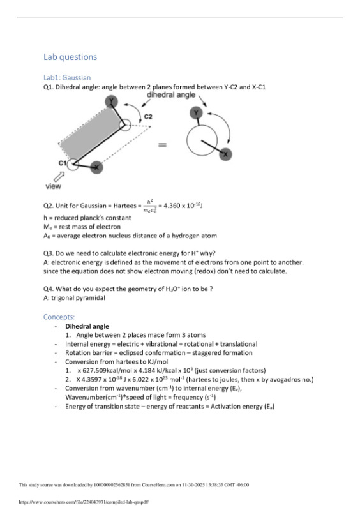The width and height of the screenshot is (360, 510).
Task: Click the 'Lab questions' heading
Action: click(x=70, y=57)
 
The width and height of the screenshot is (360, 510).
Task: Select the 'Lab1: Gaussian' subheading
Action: click(x=66, y=77)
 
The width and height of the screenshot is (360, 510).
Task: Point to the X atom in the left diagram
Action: click(x=96, y=167)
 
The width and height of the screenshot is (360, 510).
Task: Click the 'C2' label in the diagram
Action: click(x=148, y=117)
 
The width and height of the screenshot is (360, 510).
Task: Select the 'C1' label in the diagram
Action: click(x=63, y=163)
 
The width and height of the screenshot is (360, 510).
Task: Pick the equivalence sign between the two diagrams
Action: click(x=163, y=145)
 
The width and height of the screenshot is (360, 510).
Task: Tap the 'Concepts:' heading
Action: click(x=59, y=317)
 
